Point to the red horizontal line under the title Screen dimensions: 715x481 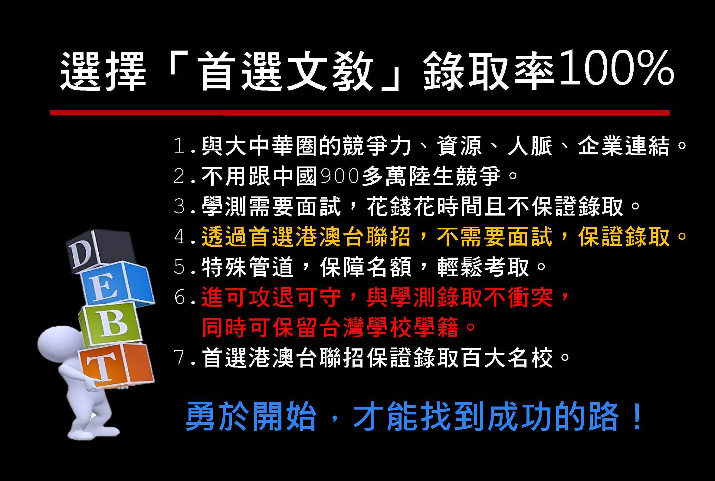click(359, 113)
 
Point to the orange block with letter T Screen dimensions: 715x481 click(116, 365)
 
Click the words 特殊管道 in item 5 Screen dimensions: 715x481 click(247, 267)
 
